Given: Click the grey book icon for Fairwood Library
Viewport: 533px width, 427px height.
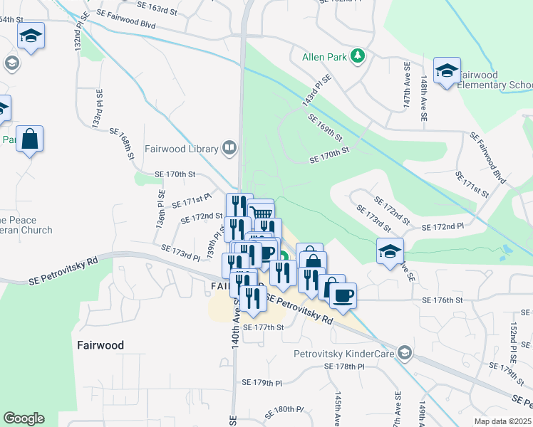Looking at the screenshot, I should click(x=229, y=148).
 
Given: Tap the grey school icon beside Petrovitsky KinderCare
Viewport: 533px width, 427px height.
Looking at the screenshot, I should click(x=404, y=353).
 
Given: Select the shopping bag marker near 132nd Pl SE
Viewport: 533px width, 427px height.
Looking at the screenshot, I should click(x=30, y=139).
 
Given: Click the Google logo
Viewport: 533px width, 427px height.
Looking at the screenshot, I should click(x=24, y=418).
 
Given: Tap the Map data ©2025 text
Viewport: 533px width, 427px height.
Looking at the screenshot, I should click(x=502, y=421).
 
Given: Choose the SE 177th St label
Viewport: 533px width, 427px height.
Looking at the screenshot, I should click(x=263, y=327).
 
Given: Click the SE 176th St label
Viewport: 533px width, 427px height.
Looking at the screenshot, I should click(x=443, y=300).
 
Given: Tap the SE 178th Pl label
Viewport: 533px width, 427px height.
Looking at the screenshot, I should click(x=343, y=366).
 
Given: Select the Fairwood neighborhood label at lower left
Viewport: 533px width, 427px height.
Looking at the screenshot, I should click(x=100, y=345).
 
